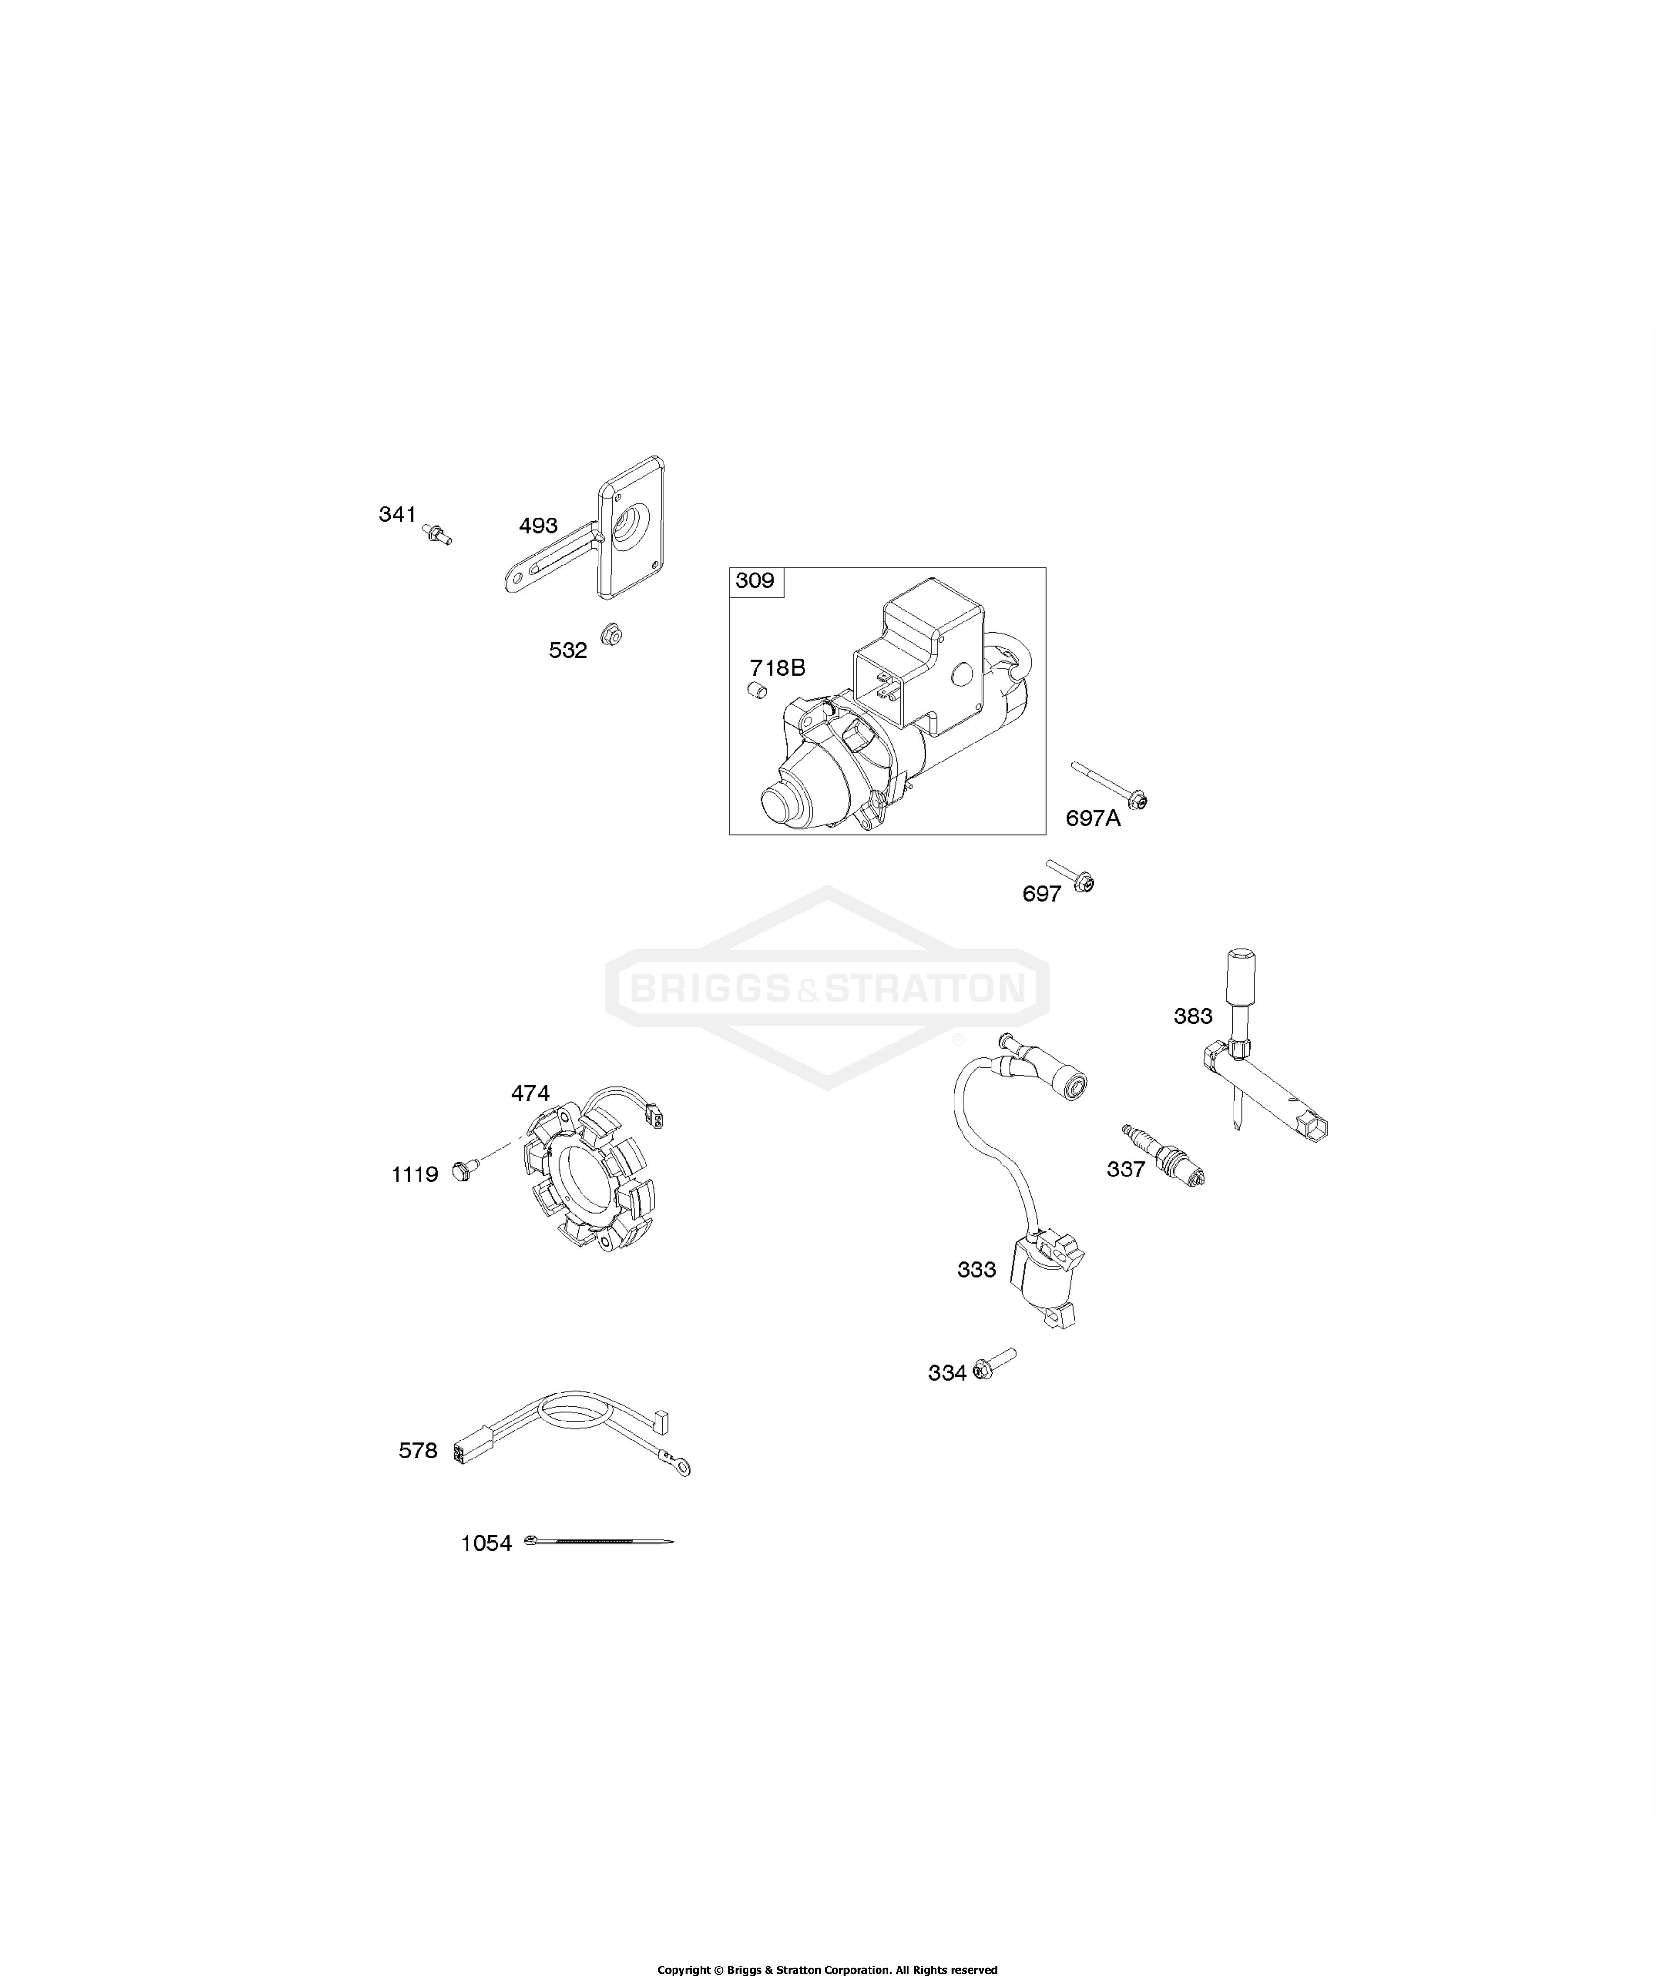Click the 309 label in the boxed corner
755,581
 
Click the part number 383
1193,1016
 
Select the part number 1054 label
486,1543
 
